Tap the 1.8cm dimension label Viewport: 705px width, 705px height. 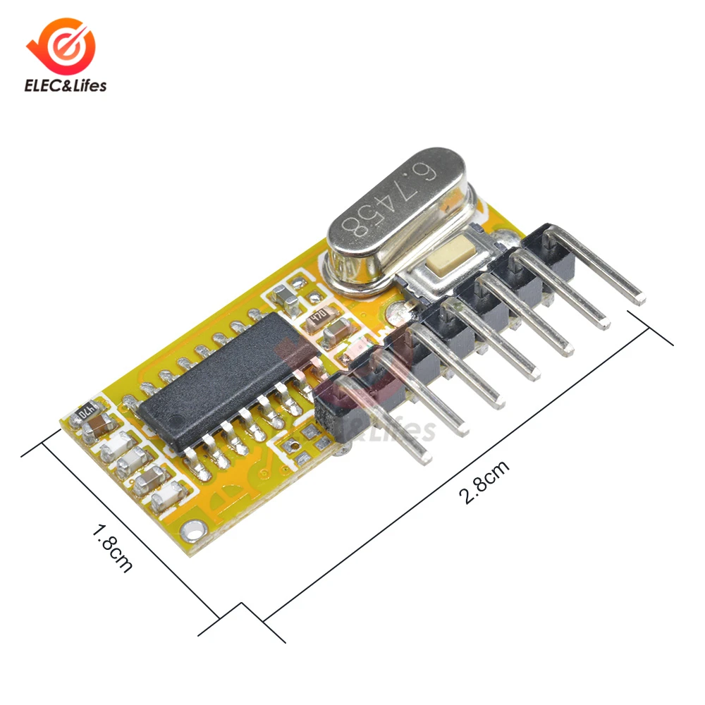tap(112, 546)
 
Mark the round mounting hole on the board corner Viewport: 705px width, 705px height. tap(188, 526)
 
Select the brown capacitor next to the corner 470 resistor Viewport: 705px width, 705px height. tap(100, 425)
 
